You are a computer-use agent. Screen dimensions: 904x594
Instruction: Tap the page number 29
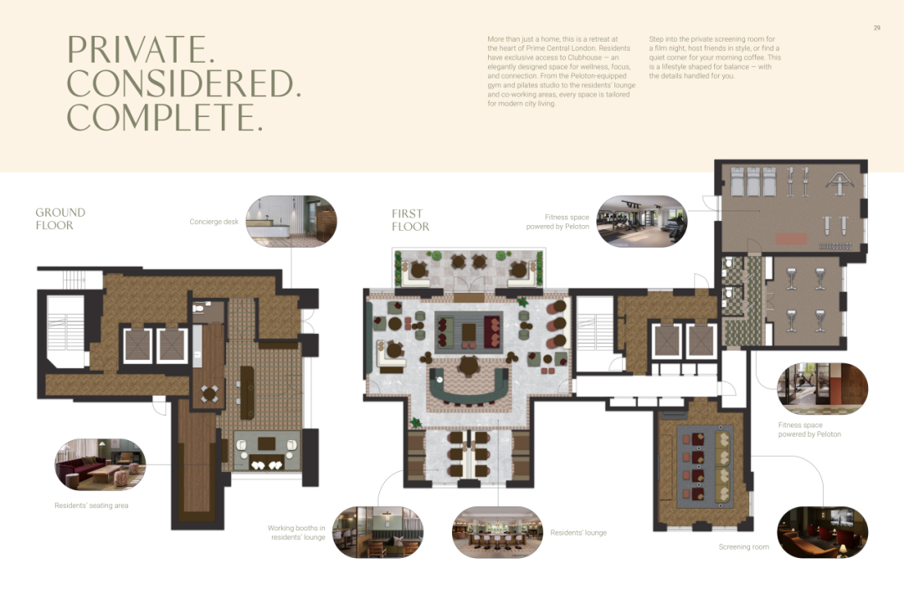point(877,28)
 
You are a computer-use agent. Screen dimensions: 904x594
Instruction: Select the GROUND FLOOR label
point(60,219)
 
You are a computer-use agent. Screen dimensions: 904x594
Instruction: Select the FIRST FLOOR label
point(410,220)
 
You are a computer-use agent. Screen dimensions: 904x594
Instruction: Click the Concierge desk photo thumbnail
point(291,221)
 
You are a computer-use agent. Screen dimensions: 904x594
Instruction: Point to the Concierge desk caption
point(214,222)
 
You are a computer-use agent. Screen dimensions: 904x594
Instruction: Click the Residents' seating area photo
point(100,464)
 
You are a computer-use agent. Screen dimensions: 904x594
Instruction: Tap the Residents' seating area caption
point(91,506)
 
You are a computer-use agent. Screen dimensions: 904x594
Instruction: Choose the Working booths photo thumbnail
point(378,532)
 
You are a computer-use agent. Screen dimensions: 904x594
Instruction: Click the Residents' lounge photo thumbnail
point(497,532)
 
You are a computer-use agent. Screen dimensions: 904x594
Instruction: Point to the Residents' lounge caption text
point(578,533)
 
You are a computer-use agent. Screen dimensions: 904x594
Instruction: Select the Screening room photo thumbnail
point(823,532)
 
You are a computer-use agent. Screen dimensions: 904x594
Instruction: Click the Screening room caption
point(744,547)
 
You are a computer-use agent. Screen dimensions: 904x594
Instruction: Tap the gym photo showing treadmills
point(642,221)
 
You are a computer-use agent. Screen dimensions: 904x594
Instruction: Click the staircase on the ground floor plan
point(66,325)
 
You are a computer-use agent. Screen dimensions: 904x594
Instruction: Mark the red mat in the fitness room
point(791,238)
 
